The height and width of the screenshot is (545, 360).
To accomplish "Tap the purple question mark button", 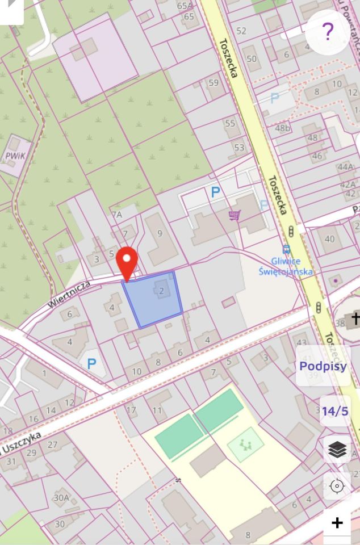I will (x=327, y=32).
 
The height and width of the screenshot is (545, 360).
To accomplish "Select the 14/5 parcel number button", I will (x=335, y=411).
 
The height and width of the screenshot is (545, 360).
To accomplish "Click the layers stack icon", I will (x=337, y=450).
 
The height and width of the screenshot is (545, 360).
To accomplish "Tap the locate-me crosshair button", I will (x=337, y=487).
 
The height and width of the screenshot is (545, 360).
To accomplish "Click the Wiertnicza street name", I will (x=68, y=294).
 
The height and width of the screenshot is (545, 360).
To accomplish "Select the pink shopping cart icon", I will (x=234, y=215).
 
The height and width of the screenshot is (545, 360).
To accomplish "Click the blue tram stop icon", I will (x=286, y=249).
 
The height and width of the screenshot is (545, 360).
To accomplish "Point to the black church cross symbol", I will (x=355, y=318).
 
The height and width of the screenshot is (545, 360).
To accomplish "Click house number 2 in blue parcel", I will (x=162, y=291).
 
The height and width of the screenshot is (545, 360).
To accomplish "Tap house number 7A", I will (x=117, y=215).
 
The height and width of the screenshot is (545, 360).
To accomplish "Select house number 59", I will (x=214, y=83).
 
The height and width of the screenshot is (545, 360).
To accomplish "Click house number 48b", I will (x=282, y=128).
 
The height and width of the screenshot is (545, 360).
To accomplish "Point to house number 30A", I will (x=61, y=498).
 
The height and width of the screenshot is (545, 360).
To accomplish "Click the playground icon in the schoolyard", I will (x=245, y=444).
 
